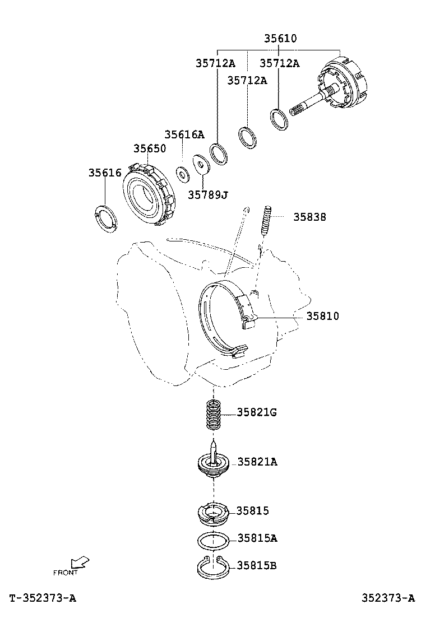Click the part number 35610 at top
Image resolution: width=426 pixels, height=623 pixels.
click(x=280, y=39)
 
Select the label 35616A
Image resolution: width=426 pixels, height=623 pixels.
click(x=184, y=135)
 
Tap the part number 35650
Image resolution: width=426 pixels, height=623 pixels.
click(x=150, y=148)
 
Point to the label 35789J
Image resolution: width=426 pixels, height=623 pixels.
click(x=208, y=194)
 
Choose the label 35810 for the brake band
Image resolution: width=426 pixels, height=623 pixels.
click(x=322, y=316)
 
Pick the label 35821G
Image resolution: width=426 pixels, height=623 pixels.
click(x=257, y=413)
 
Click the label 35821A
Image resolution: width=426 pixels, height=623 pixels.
click(x=257, y=462)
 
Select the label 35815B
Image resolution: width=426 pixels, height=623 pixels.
click(x=257, y=565)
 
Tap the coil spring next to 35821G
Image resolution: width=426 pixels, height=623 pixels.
click(x=213, y=414)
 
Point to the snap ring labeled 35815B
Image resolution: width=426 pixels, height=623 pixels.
click(x=213, y=568)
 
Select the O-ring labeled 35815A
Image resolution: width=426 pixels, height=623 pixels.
click(x=213, y=541)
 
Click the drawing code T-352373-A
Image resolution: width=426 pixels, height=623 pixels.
click(x=43, y=598)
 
